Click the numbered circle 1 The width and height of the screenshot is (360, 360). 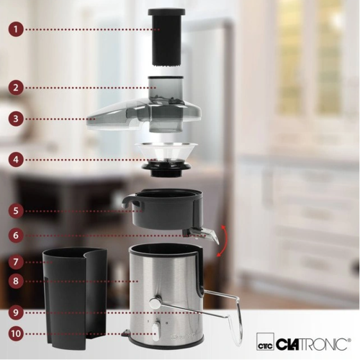(16, 30)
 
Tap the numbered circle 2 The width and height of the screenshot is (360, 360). (16, 87)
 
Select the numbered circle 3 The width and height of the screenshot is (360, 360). (16, 119)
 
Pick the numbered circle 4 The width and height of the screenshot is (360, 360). (16, 160)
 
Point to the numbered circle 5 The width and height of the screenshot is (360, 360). (16, 211)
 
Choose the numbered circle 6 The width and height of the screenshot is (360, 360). (16, 235)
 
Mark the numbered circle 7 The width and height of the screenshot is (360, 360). (16, 262)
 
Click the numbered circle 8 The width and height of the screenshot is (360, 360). (16, 281)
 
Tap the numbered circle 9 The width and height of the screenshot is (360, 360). (16, 312)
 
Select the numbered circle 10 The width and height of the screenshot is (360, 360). (16, 334)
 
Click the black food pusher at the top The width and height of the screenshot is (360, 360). (166, 37)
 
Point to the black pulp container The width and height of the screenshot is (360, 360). (75, 297)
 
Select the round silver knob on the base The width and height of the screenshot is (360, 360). (155, 302)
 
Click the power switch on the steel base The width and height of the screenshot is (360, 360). (156, 332)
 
